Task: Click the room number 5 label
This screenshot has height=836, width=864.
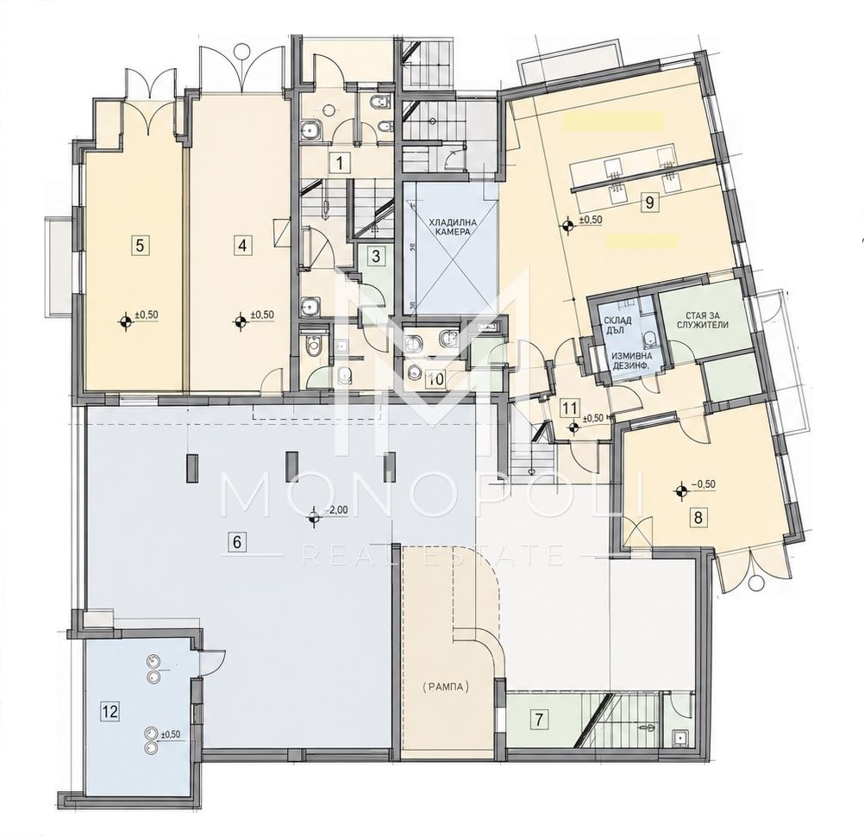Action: (x=141, y=245)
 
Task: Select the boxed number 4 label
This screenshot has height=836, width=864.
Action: (x=241, y=245)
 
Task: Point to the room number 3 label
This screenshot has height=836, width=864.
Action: (x=376, y=256)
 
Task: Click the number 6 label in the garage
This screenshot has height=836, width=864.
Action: (x=237, y=542)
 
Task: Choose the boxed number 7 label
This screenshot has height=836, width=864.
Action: (x=539, y=720)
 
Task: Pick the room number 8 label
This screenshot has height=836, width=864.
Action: (x=698, y=518)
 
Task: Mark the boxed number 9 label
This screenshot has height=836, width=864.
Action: (x=649, y=203)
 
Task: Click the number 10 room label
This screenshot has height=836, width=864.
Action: (x=435, y=379)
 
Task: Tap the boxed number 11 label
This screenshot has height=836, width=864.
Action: (x=570, y=409)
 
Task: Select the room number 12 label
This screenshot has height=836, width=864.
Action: (x=110, y=712)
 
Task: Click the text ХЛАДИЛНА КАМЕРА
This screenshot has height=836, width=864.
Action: (x=449, y=228)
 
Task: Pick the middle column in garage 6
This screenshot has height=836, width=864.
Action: (x=290, y=465)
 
